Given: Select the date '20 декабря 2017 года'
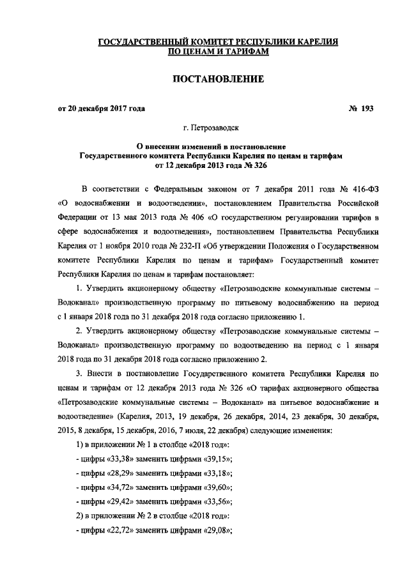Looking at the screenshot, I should [107, 109].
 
